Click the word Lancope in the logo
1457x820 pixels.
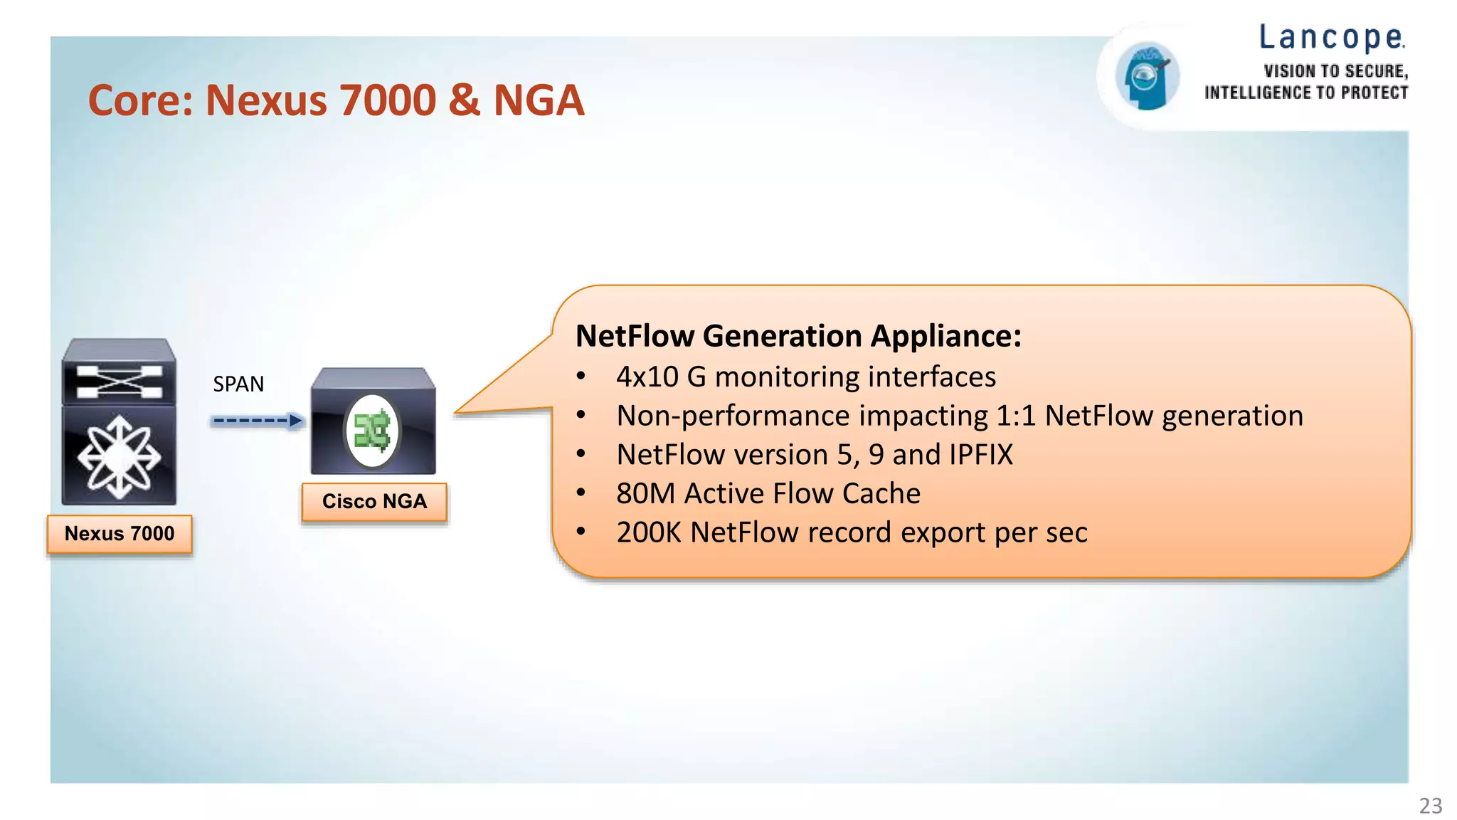click(1330, 38)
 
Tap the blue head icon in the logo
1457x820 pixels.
click(1146, 75)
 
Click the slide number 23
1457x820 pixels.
click(1430, 805)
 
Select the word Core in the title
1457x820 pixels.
click(140, 100)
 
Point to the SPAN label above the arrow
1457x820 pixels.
click(238, 384)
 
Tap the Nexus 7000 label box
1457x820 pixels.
click(120, 534)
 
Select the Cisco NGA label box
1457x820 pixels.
click(374, 501)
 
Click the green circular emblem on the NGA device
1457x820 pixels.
click(373, 431)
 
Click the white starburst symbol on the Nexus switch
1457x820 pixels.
click(119, 457)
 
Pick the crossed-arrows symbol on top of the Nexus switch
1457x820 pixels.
click(119, 382)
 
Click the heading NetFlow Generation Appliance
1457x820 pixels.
click(798, 336)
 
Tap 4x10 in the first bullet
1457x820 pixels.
click(647, 377)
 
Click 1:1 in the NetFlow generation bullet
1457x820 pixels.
click(1015, 416)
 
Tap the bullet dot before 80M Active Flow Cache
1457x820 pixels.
click(581, 493)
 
